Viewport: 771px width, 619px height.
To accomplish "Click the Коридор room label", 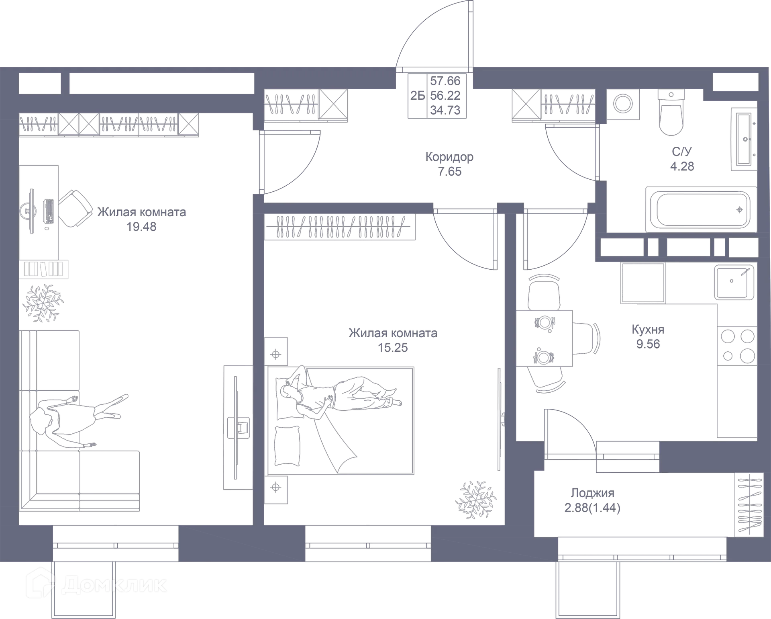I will coord(450,156).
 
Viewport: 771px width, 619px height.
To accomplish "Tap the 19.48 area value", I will coord(142,227).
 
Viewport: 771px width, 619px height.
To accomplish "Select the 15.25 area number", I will coord(393,347).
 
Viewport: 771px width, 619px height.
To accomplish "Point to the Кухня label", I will coord(648,329).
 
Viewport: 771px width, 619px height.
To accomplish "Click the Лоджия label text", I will coord(593,493).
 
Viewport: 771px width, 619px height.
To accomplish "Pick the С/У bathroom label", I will coord(682,152).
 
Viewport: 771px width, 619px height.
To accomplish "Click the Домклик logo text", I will coord(114,585).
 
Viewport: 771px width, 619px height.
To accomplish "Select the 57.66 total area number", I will coord(445,81).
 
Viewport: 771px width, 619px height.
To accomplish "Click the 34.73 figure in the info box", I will coord(445,110).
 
